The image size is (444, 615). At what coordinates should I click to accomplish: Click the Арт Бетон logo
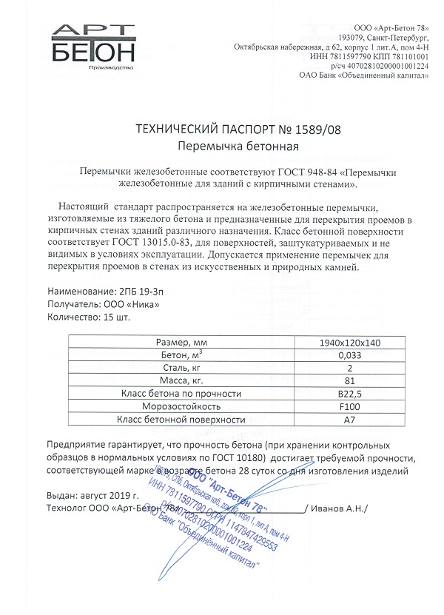(94, 47)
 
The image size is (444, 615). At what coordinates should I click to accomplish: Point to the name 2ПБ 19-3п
(141, 291)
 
